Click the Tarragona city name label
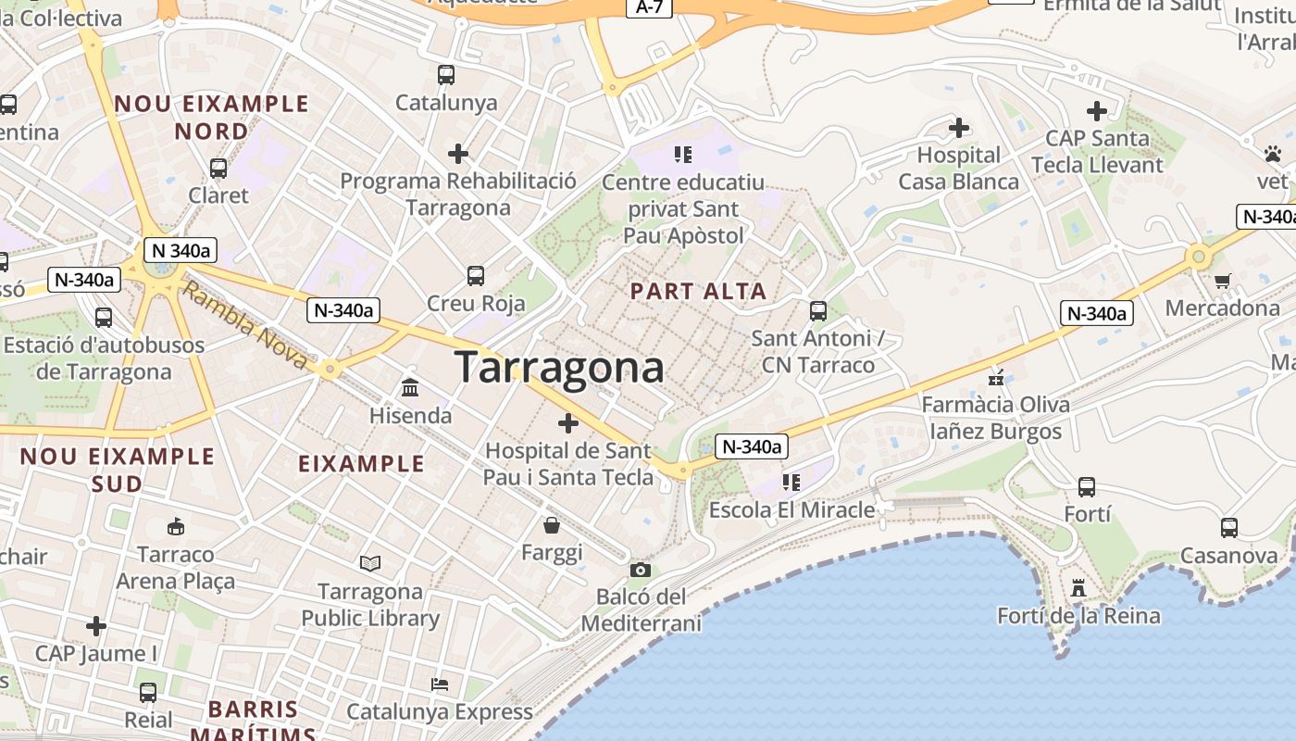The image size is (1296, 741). [x=559, y=368]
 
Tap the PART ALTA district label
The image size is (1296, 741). [x=698, y=291]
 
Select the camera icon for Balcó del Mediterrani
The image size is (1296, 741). [x=640, y=570]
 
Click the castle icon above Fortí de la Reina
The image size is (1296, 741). [x=1078, y=588]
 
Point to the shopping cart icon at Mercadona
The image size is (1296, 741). [x=1223, y=281]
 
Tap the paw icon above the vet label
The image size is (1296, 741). [x=1273, y=153]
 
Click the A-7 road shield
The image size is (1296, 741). [x=649, y=7]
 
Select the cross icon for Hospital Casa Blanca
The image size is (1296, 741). [x=959, y=127]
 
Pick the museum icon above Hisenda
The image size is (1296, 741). [x=410, y=388]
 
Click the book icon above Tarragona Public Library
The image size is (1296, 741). [x=370, y=563]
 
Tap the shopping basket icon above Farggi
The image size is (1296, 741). [x=552, y=525]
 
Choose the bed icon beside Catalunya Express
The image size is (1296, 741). [x=440, y=684]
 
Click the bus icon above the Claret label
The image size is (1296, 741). [x=218, y=169]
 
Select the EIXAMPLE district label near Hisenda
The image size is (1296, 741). [x=361, y=463]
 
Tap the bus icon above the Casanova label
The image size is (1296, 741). [x=1228, y=528]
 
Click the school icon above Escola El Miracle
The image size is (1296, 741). [x=791, y=482]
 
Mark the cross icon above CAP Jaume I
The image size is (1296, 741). [x=96, y=626]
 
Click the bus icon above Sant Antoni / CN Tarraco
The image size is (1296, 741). [x=817, y=310]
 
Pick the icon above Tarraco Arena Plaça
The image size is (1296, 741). [x=175, y=527]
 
